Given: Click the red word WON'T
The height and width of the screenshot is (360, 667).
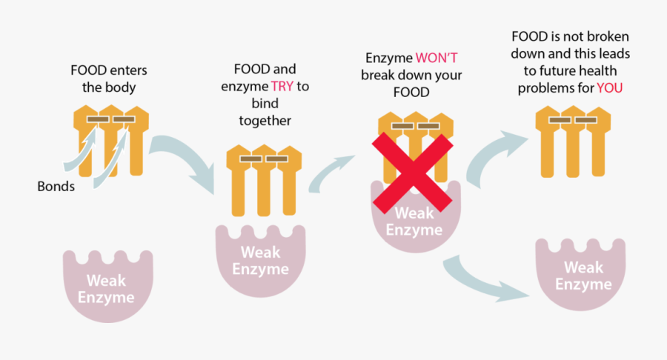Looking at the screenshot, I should coord(436,58).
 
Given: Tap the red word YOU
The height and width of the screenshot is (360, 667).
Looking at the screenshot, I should coord(609,88).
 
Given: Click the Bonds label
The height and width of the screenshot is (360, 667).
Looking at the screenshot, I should coord(56,187).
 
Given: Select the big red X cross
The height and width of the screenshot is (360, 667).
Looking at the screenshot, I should coord(413,172).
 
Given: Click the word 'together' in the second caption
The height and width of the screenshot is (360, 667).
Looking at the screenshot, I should coord(265,120).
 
